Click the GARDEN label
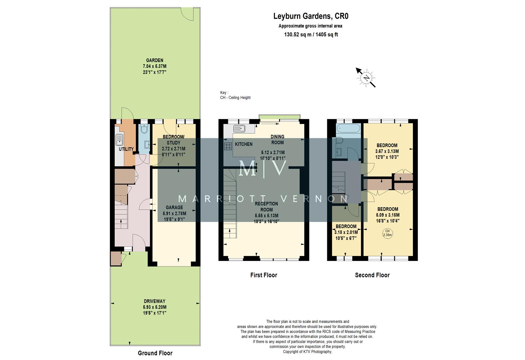point(155,60)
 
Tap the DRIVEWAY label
point(154,301)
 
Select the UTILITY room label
point(126,149)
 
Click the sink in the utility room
point(119,140)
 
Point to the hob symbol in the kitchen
point(228,146)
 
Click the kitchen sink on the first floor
point(239,128)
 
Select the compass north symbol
point(366,78)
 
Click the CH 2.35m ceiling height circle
point(387,233)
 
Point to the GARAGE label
point(175,207)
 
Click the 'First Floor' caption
point(264,275)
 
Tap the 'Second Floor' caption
point(372,275)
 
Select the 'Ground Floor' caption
point(155,353)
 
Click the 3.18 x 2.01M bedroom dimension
point(346,232)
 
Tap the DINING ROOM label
point(277,139)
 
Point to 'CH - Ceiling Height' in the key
point(235,98)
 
